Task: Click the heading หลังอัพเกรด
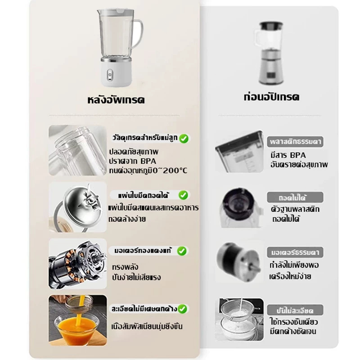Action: (x=116, y=100)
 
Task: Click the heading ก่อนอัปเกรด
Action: (x=272, y=97)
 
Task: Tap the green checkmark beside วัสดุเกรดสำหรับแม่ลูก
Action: (x=184, y=139)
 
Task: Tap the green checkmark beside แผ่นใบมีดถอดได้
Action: (x=183, y=195)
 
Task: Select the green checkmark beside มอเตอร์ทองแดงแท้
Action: (x=182, y=251)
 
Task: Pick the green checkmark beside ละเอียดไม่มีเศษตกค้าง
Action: (x=183, y=309)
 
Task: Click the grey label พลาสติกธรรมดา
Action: (x=295, y=142)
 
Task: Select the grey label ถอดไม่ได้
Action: (x=295, y=198)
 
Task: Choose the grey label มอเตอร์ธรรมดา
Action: (x=295, y=252)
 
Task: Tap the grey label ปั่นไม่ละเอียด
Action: (x=295, y=310)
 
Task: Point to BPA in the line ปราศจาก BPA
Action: (x=148, y=161)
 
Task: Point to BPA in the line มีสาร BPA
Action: (x=298, y=155)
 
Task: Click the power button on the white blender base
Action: (x=110, y=75)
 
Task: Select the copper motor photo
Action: (x=77, y=264)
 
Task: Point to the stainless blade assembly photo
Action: (x=77, y=207)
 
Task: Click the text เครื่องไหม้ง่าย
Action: (x=290, y=276)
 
